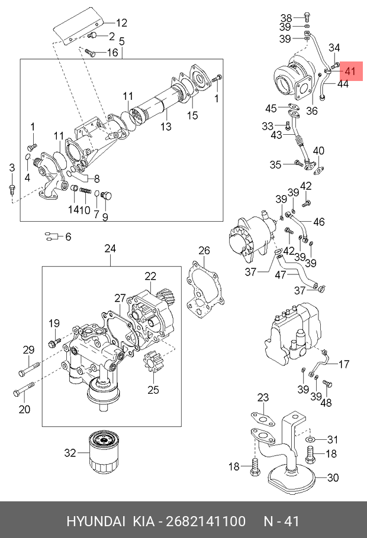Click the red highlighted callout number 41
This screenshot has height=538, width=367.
click(x=350, y=72)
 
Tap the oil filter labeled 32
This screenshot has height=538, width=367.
click(x=104, y=452)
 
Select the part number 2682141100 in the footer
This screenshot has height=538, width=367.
click(x=206, y=521)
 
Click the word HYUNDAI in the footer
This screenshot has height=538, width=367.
click(x=96, y=521)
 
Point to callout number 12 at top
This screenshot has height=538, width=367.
click(x=121, y=22)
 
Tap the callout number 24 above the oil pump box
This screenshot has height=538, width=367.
click(x=110, y=248)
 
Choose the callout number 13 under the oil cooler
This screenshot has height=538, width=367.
click(x=166, y=127)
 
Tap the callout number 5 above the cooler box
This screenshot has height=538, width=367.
click(x=122, y=41)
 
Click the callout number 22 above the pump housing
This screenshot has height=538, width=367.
click(x=150, y=276)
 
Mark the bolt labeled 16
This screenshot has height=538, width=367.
click(x=91, y=53)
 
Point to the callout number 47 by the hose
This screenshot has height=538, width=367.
click(x=281, y=274)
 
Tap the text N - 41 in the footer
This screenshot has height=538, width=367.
click(x=281, y=521)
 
